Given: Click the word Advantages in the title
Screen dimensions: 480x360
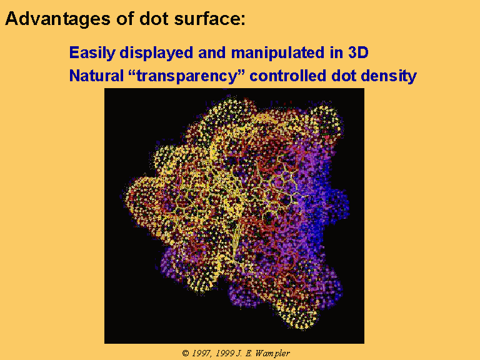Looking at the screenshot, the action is [x=57, y=19].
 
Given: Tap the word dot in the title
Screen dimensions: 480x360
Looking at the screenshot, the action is [x=154, y=19].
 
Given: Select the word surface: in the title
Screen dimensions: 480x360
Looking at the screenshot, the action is [x=210, y=19].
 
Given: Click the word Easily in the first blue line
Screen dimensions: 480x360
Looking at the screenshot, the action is [x=92, y=53].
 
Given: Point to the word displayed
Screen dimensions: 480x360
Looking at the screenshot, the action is [x=156, y=53].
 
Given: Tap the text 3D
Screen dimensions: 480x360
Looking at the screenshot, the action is [x=358, y=52].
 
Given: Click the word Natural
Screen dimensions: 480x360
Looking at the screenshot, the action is [x=96, y=76].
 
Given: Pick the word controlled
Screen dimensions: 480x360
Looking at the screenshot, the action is [x=287, y=76].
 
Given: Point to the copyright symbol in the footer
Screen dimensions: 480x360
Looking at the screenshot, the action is [x=186, y=353].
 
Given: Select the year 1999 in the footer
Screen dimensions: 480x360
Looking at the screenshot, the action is [x=225, y=353].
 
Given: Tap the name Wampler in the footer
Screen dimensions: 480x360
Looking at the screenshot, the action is [x=272, y=354].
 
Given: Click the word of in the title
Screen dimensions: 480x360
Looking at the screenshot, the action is [x=124, y=19].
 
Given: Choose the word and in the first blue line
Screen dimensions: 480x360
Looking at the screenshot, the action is [x=212, y=52].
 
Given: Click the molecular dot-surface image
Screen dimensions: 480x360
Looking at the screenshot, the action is [x=234, y=216].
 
